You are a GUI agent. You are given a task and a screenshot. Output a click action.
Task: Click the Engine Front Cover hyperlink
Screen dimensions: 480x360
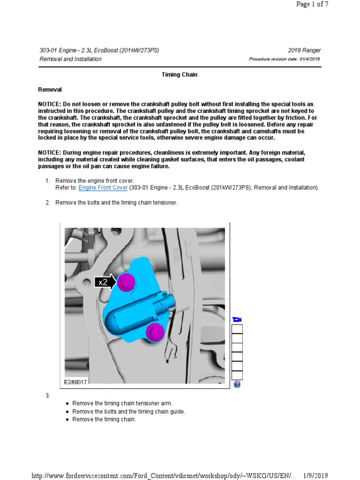tap(103, 187)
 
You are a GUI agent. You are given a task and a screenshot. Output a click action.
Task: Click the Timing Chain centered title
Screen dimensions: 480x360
tap(180, 75)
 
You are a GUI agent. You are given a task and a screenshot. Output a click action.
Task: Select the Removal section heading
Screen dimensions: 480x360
tap(50, 90)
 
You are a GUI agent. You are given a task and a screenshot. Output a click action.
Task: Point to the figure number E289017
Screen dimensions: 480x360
tap(76, 382)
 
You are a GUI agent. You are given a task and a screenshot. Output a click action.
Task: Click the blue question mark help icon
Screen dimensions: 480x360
tap(237, 384)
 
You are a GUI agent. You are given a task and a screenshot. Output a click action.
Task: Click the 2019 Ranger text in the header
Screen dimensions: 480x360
tap(305, 51)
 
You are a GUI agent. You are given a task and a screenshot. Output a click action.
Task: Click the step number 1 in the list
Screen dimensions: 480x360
tap(47, 180)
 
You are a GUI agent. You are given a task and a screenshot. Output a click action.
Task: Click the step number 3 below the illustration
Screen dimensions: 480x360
tap(47, 396)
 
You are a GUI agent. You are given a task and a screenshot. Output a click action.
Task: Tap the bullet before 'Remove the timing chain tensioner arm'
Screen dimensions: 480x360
tap(67, 404)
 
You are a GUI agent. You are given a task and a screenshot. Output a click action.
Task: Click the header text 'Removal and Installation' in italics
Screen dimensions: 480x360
tap(70, 59)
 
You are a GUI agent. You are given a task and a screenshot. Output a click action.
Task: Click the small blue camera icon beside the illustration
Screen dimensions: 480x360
tap(237, 320)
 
